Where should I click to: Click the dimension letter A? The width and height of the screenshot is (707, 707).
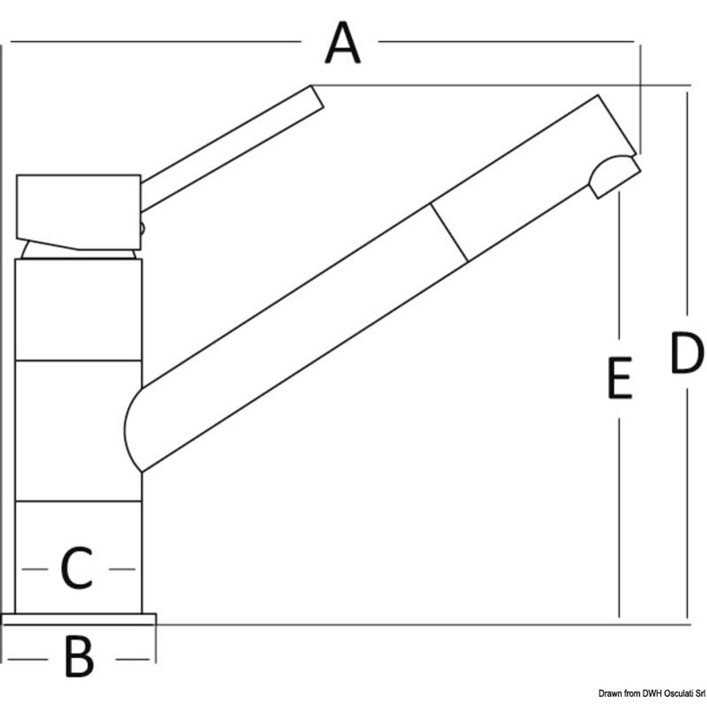point(343,44)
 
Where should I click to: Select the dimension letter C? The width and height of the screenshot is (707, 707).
point(76,568)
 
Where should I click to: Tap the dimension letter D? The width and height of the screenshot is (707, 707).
point(686,352)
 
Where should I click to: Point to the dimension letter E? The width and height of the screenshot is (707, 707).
point(619,378)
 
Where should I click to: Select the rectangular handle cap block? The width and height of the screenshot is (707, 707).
point(79,212)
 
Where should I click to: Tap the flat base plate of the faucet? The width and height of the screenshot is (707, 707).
point(79,619)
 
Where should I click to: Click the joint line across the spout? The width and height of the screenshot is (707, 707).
point(449,232)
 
